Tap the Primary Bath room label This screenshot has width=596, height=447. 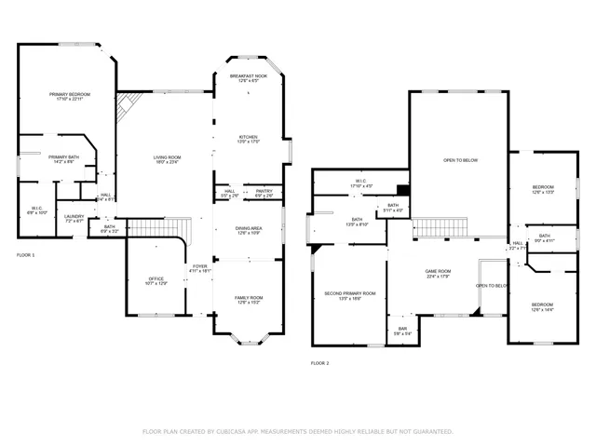pos(64,157)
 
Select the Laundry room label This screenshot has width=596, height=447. pos(74,217)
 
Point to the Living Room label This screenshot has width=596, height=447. pos(168,157)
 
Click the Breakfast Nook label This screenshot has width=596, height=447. pos(249,76)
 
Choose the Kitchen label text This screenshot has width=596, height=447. pos(249,137)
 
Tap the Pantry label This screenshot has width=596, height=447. pos(264,191)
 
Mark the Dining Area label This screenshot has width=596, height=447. pos(249,228)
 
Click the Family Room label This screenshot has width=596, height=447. pos(249,298)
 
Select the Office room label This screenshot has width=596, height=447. pos(156,278)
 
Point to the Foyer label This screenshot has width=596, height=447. pos(200,267)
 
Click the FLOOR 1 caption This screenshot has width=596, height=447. pos(26,254)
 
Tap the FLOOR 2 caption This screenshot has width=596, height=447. pos(319,363)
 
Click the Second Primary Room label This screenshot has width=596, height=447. pos(350,293)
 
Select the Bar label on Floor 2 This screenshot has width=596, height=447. pos(403,328)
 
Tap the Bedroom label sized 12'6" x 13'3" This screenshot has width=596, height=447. pos(543,188)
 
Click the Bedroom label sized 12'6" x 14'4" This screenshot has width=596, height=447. pos(542,305)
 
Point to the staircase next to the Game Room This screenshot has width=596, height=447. pos(438,228)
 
